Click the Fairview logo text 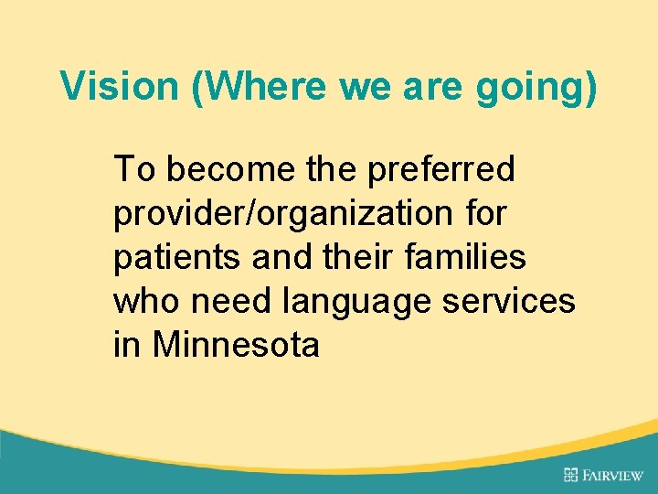click(613, 475)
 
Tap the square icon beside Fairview click(571, 474)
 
